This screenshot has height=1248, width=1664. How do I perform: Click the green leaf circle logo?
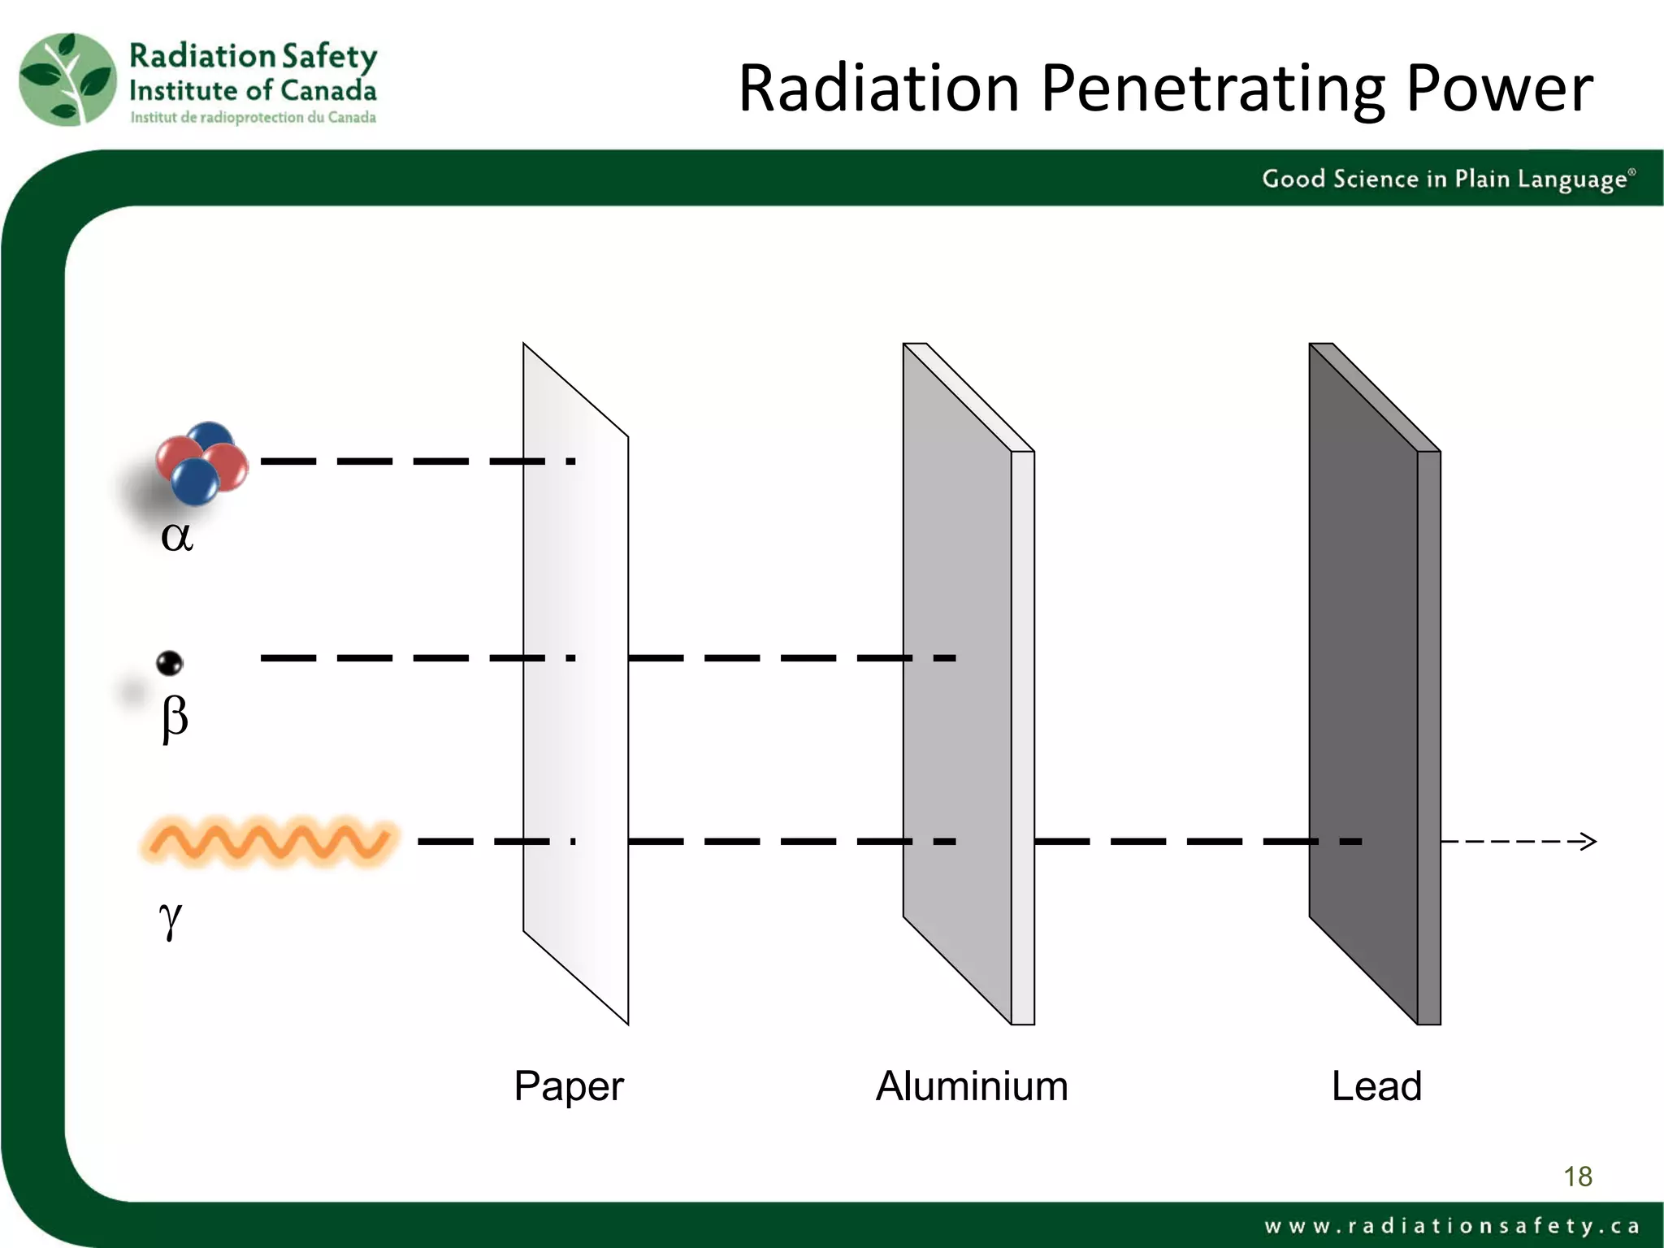(x=67, y=80)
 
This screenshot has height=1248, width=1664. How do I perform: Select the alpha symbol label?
(x=176, y=536)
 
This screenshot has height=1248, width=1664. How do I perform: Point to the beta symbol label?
(x=175, y=718)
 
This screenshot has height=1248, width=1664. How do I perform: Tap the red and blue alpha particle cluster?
(x=202, y=463)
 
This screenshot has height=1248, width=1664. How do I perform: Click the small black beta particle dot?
(x=170, y=663)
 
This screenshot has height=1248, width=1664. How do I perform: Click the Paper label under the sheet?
(x=569, y=1086)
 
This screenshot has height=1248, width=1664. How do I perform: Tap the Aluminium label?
(x=972, y=1086)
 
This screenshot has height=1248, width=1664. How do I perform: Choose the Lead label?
(x=1376, y=1086)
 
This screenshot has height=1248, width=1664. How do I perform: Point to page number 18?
(x=1578, y=1176)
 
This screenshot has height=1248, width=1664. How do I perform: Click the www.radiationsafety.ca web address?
(x=1451, y=1225)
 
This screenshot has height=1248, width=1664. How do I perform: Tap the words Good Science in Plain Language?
(x=1446, y=179)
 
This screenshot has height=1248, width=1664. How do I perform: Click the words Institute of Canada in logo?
(x=253, y=90)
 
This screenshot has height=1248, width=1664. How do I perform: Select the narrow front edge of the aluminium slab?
(x=1023, y=731)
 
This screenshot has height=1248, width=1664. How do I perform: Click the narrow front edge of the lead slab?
(x=1429, y=731)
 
